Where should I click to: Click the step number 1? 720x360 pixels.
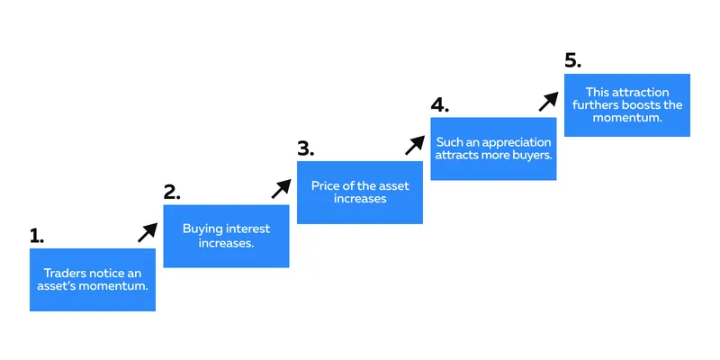tap(37, 236)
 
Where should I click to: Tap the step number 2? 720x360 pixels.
tap(172, 193)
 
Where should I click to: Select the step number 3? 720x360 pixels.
tap(305, 148)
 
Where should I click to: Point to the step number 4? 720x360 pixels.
tap(439, 105)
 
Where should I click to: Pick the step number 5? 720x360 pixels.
tap(573, 61)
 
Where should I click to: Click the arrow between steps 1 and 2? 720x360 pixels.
tap(148, 232)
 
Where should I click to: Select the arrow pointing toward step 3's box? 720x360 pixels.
tap(281, 189)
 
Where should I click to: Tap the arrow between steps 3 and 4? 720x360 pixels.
tap(415, 145)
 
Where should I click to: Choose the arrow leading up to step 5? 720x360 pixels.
tap(548, 102)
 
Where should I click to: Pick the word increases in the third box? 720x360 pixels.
tap(360, 199)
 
